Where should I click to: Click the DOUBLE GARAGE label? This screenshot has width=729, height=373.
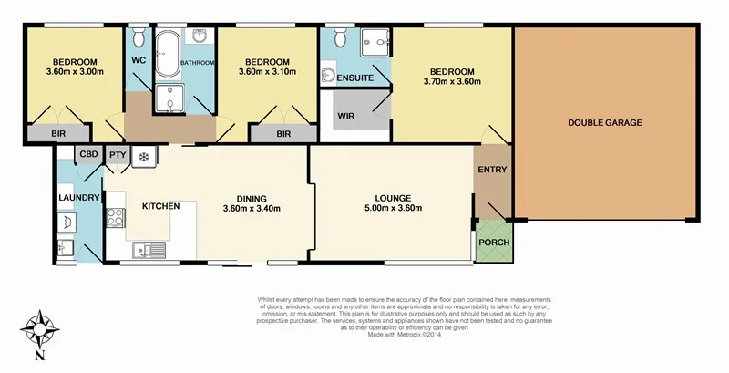605,122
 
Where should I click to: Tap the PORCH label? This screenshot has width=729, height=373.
494,243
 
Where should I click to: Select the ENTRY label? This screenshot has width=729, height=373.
492,171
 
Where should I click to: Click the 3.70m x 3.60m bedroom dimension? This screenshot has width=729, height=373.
452,82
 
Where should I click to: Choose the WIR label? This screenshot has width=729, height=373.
347,116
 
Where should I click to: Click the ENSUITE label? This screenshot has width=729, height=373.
355,78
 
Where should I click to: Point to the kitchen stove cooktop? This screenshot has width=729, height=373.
117,218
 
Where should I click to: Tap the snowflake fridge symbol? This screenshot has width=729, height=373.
142,157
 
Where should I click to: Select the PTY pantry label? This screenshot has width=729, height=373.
118,155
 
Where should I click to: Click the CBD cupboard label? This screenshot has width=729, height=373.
88,155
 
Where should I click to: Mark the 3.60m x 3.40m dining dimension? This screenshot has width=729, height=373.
251,209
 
